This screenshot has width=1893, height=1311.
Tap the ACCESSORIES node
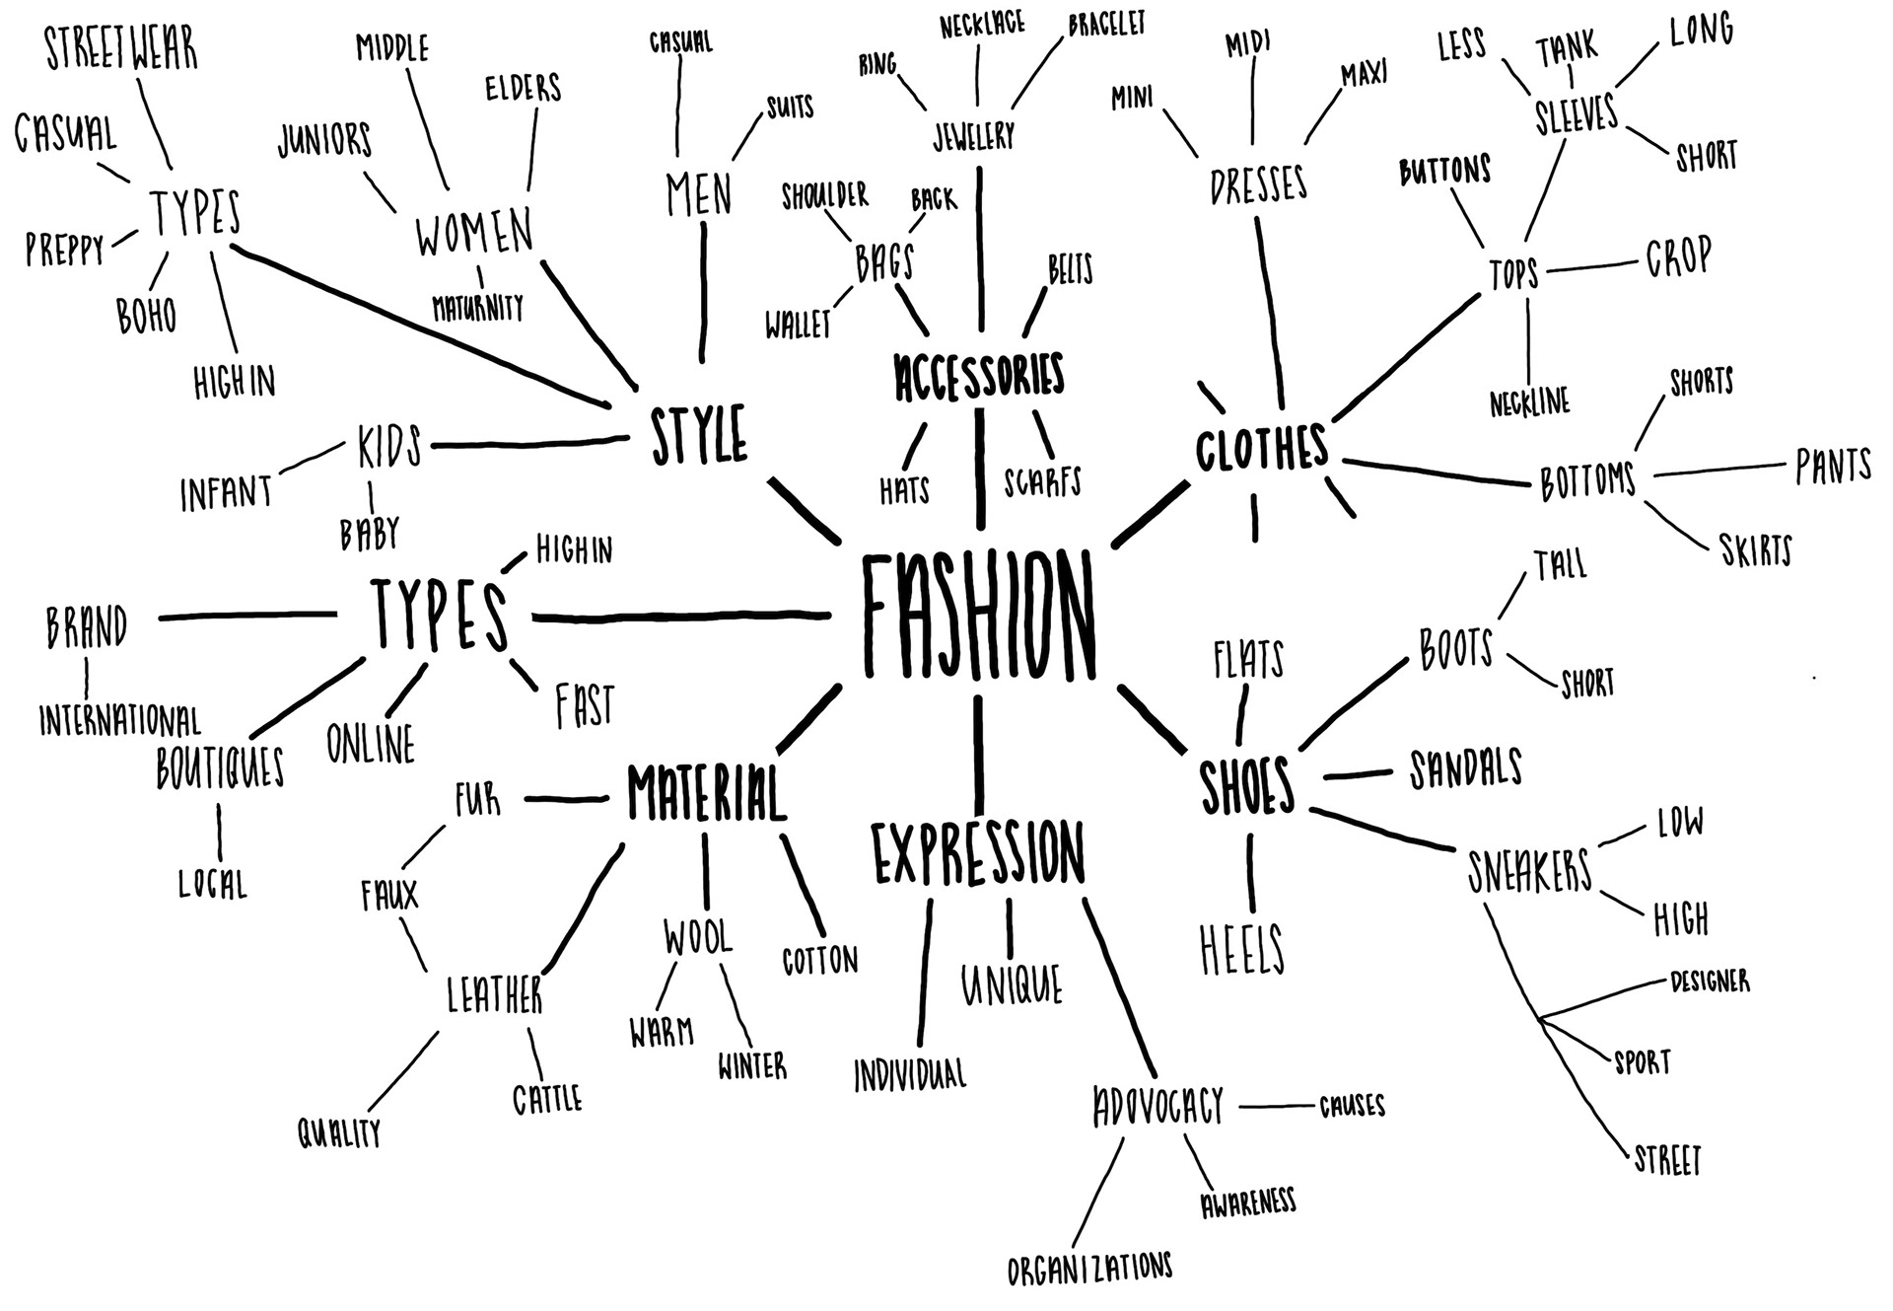[x=979, y=376]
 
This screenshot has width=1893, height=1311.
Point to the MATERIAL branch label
[x=706, y=793]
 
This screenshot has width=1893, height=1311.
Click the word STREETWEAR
[x=121, y=49]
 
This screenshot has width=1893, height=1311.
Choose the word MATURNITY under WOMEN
[x=478, y=308]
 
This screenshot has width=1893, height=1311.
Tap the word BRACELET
[x=1106, y=25]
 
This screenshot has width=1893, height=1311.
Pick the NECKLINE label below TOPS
[x=1529, y=402]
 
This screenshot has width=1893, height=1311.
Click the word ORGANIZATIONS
[x=1089, y=1268]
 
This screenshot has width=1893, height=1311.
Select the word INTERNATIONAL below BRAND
[x=120, y=721]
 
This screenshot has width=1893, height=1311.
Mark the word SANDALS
[x=1465, y=769]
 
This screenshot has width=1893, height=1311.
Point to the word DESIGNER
[x=1710, y=982]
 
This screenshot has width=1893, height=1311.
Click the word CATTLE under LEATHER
[x=547, y=1099]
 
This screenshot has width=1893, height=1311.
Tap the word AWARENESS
[x=1247, y=1202]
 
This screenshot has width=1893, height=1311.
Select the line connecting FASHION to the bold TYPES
[x=680, y=618]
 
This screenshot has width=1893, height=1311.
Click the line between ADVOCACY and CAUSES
[x=1277, y=1107]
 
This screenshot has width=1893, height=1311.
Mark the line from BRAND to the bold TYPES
[x=246, y=617]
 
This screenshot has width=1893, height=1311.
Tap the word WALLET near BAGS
[x=798, y=325]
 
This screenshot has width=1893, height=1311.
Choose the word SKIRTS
[x=1755, y=550]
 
